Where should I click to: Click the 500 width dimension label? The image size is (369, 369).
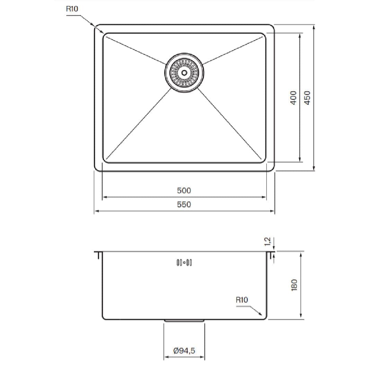click(184, 190)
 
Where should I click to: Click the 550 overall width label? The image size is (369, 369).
click(184, 204)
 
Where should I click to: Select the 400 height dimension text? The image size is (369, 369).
click(293, 98)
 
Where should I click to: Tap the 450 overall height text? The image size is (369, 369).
click(307, 98)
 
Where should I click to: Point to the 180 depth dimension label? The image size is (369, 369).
click(294, 285)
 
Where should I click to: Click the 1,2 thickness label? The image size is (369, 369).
click(268, 241)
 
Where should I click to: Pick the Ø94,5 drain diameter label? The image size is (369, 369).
click(184, 351)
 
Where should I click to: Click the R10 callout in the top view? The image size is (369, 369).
click(72, 9)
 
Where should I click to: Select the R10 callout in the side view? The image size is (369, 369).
click(242, 300)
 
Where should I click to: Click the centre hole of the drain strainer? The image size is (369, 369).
click(184, 72)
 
